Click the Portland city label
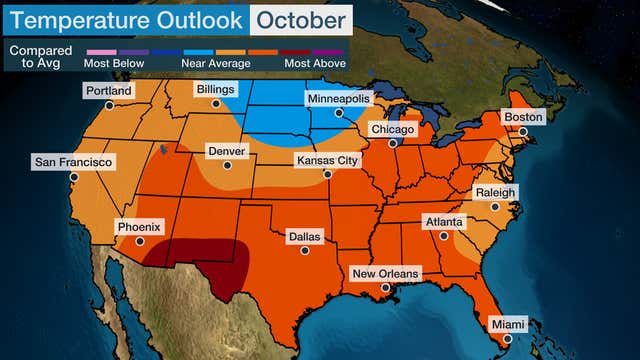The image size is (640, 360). pyautogui.click(x=109, y=91)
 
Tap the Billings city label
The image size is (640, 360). pyautogui.click(x=216, y=90)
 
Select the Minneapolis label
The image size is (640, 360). pyautogui.click(x=339, y=100)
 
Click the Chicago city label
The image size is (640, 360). pyautogui.click(x=393, y=130)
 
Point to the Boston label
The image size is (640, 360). pyautogui.click(x=523, y=117)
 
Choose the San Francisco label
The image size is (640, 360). pyautogui.click(x=74, y=162)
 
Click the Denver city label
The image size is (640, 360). pyautogui.click(x=227, y=151)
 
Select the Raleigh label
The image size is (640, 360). pyautogui.click(x=495, y=193)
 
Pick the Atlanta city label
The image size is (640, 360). pyautogui.click(x=443, y=222)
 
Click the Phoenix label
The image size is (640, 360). pyautogui.click(x=139, y=227)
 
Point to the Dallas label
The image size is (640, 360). pyautogui.click(x=305, y=237)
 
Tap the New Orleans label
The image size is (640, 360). pyautogui.click(x=386, y=273)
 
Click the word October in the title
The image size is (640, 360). pyautogui.click(x=300, y=19)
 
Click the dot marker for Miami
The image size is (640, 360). pyautogui.click(x=508, y=338)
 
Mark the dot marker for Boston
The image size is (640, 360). pyautogui.click(x=522, y=131)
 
